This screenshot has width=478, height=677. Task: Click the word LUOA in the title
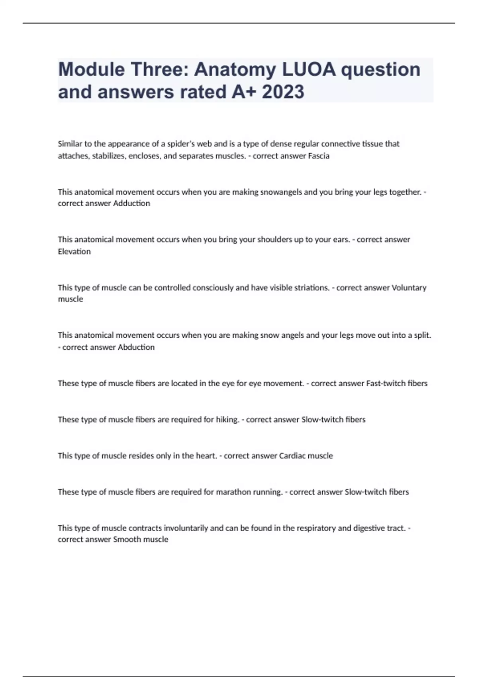point(309,69)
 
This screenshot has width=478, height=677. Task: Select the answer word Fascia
point(319,156)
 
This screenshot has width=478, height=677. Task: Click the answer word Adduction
point(131,203)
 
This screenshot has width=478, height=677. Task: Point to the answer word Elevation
point(74,251)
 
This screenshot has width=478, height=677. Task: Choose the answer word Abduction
point(136,347)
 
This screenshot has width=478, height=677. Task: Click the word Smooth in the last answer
point(127,539)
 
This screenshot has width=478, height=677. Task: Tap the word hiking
point(227,419)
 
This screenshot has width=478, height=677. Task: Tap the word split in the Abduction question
point(422,335)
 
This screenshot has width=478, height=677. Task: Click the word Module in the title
point(91,69)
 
